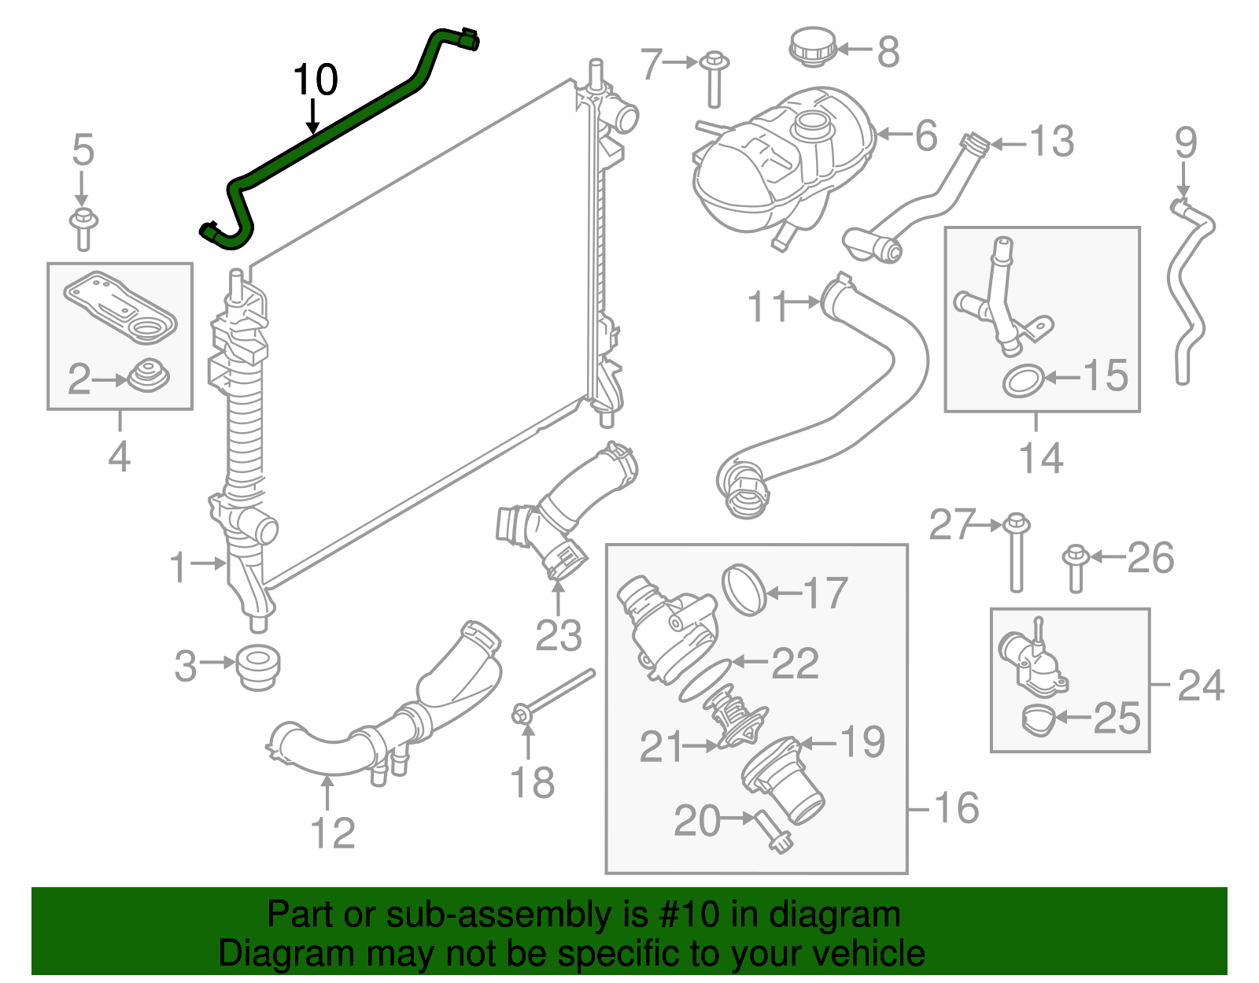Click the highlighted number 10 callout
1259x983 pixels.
click(x=316, y=80)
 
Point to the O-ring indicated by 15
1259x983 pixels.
click(x=1023, y=381)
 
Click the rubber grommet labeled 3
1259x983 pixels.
click(x=257, y=667)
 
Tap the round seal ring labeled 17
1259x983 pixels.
click(x=744, y=589)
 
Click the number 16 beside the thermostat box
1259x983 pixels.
click(x=956, y=808)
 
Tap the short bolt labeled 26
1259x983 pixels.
click(x=1075, y=568)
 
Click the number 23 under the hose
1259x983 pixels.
click(x=558, y=636)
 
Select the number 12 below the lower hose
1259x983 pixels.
click(x=333, y=833)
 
